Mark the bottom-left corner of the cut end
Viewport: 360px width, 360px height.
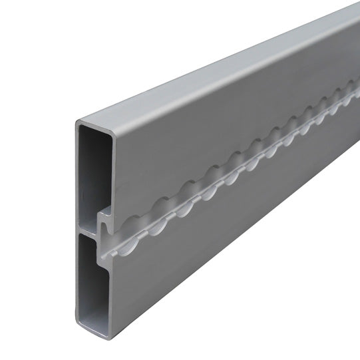(79, 323)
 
